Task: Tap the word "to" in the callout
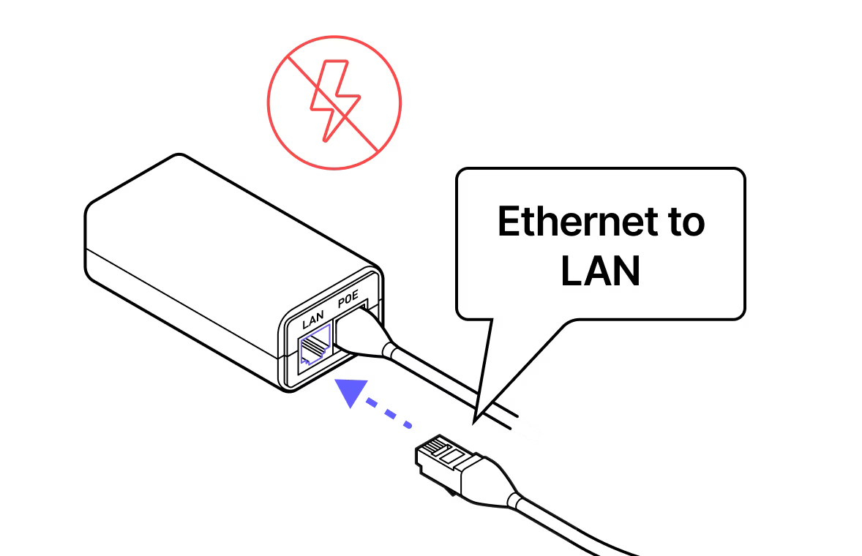click(683, 222)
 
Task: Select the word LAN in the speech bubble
click(600, 270)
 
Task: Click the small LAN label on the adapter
click(312, 322)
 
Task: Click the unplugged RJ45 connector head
click(443, 457)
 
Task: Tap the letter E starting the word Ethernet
click(507, 222)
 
